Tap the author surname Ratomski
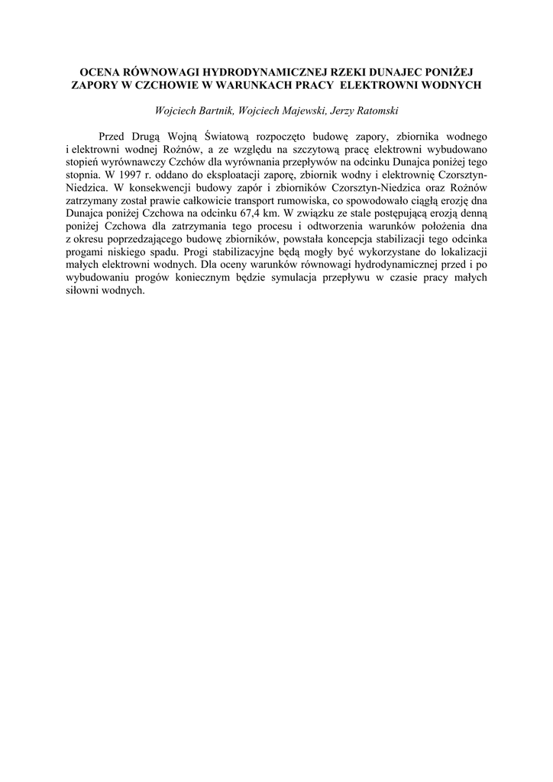coord(371,111)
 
